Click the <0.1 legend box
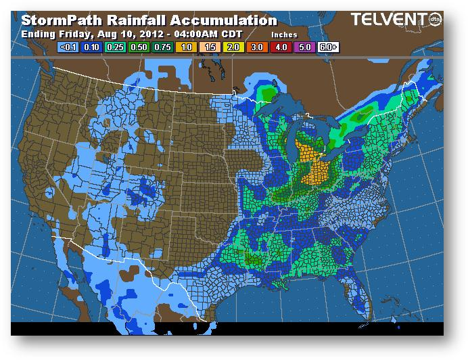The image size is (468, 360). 68,47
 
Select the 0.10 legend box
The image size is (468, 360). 92,47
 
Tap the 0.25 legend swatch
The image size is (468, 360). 115,47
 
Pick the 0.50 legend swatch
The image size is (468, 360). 139,47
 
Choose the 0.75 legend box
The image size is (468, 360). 162,47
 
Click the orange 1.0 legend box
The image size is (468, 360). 186,47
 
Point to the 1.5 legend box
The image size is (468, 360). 210,47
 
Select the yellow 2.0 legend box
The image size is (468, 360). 233,47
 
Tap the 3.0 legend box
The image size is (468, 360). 256,47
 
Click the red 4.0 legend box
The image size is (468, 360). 280,47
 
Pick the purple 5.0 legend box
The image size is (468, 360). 304,47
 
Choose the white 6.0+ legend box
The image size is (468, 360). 327,47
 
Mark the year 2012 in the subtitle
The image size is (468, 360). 138,33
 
